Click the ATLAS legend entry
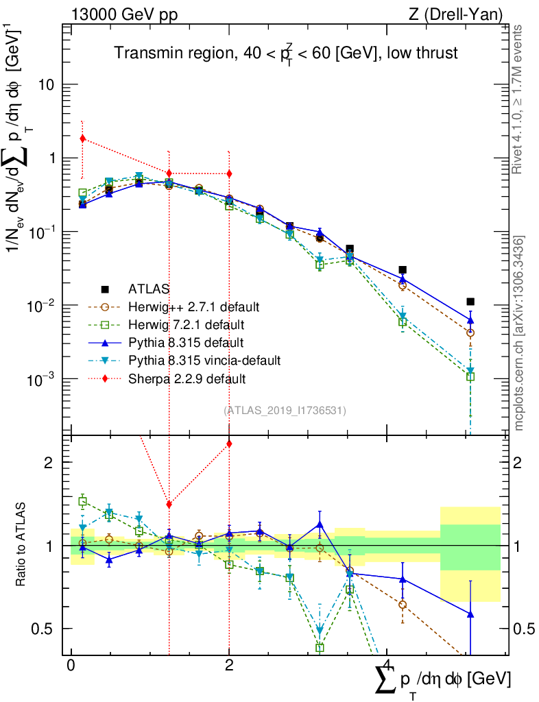(x=151, y=289)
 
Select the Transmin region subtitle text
(x=286, y=53)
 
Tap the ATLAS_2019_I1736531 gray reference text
(x=285, y=411)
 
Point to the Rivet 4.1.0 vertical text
(x=519, y=99)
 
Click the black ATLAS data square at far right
(x=470, y=302)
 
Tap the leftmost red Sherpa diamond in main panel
(x=82, y=138)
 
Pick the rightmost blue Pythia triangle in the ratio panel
(x=470, y=614)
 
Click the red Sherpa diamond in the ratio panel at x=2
(x=229, y=444)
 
